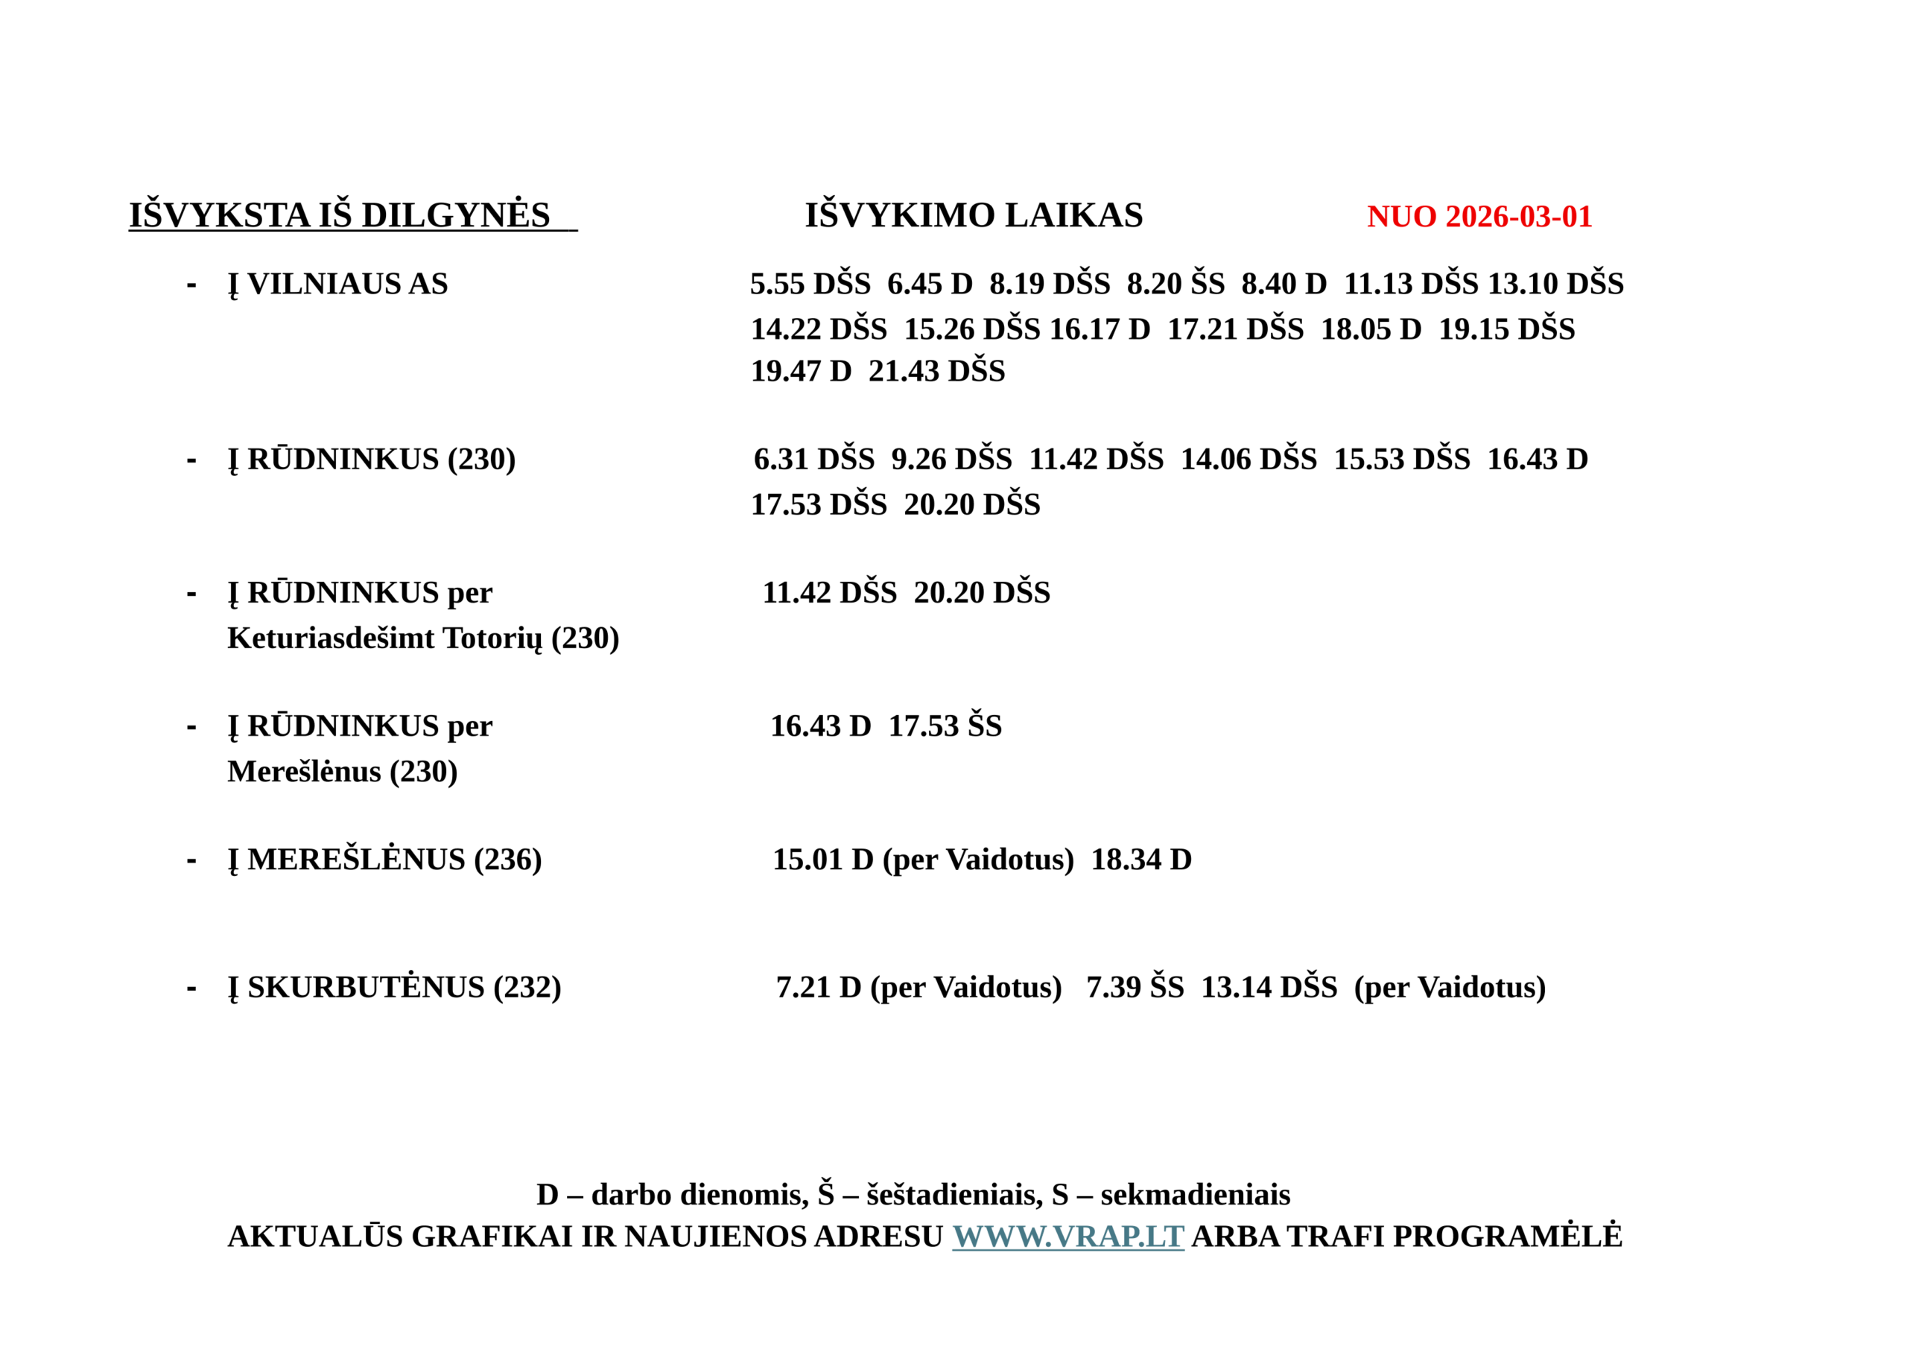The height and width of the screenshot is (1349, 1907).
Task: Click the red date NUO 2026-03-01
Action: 1479,217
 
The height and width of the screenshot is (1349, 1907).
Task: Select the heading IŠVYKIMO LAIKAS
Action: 974,215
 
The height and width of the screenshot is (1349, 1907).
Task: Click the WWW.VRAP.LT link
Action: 1067,1236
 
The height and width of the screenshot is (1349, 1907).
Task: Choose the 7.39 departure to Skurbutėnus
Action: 1113,988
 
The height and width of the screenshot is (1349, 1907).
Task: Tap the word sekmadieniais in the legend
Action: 1195,1195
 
